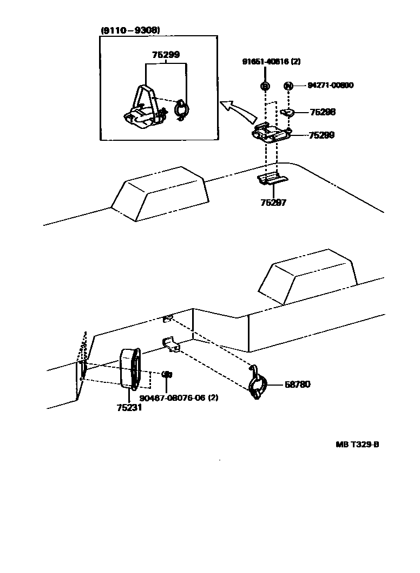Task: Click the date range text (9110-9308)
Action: [130, 31]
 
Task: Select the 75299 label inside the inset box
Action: [166, 55]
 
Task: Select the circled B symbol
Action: [265, 86]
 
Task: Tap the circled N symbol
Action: [288, 86]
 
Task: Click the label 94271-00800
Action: [330, 86]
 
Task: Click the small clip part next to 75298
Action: [287, 113]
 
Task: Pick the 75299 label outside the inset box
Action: [321, 135]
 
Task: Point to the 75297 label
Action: [273, 203]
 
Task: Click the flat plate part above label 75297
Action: [272, 179]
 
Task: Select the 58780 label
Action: [298, 385]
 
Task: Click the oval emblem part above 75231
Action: [130, 368]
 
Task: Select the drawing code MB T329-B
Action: [357, 445]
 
